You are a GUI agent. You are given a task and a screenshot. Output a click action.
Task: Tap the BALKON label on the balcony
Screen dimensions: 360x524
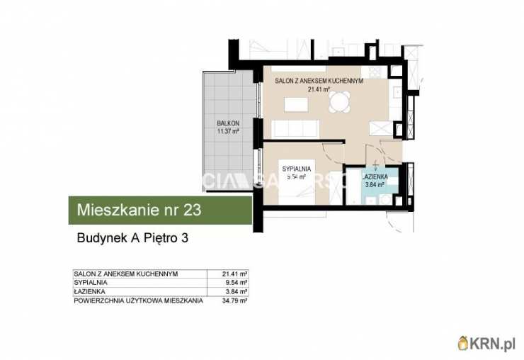228,123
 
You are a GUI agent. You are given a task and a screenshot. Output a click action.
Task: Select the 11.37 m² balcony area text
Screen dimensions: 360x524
228,131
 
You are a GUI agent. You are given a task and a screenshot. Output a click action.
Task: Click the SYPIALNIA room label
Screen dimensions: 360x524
295,169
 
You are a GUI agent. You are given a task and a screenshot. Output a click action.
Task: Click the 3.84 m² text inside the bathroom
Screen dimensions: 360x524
374,184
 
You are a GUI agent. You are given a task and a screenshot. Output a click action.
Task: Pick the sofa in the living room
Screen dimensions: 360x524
295,128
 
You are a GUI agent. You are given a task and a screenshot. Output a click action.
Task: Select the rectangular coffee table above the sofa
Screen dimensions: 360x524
295,104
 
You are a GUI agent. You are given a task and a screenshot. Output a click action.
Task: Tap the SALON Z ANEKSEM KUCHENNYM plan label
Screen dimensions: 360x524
319,81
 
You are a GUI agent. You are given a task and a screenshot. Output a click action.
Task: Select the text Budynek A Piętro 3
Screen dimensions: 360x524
132,239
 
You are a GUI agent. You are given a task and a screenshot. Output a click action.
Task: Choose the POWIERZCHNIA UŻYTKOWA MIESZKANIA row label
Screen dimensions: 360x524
138,300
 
